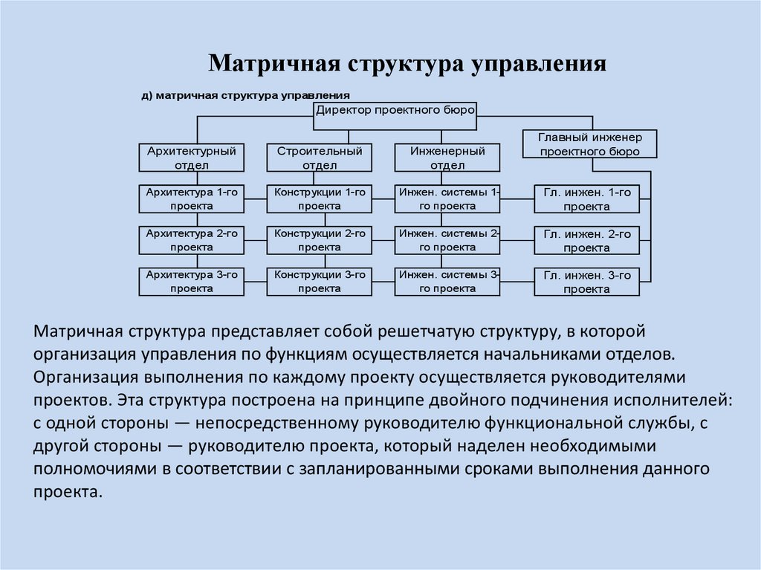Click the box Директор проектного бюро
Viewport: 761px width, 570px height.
pos(395,116)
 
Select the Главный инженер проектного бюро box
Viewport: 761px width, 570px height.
pos(589,143)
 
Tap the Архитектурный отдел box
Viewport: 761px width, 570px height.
pos(191,158)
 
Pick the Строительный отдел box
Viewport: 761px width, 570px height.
pos(320,158)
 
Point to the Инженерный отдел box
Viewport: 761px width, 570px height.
pos(447,158)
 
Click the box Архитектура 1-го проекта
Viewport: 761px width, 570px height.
pos(191,198)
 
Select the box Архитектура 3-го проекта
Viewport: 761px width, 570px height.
pos(191,282)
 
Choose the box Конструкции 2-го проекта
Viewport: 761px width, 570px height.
pos(320,240)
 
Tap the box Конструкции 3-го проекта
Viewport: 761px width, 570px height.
pos(320,282)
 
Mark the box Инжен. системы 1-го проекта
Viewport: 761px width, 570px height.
pos(447,198)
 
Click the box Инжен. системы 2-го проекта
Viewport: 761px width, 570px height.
pos(447,240)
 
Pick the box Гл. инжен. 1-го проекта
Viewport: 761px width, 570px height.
pos(587,198)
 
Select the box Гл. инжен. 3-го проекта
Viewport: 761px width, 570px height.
pos(587,282)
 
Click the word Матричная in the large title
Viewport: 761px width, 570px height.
pos(275,64)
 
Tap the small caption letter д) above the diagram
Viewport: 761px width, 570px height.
pos(147,96)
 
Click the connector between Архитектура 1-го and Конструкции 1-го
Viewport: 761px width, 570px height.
pos(256,199)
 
